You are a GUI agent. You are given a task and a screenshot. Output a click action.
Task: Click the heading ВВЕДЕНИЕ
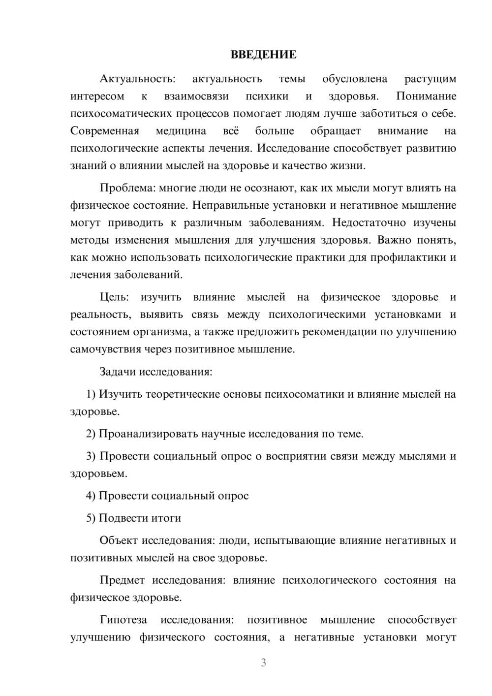[263, 55]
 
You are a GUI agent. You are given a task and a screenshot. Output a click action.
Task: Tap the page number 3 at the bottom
[263, 663]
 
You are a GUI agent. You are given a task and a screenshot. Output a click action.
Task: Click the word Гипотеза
[121, 620]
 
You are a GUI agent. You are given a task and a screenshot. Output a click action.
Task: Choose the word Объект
[118, 540]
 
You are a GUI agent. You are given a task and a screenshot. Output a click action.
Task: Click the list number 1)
[91, 394]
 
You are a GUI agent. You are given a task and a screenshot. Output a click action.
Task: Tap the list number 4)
[91, 496]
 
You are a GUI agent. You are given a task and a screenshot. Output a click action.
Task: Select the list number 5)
[91, 518]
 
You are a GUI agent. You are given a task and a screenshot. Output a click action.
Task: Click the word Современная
[105, 131]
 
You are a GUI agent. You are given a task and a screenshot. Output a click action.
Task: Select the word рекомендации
[343, 332]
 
